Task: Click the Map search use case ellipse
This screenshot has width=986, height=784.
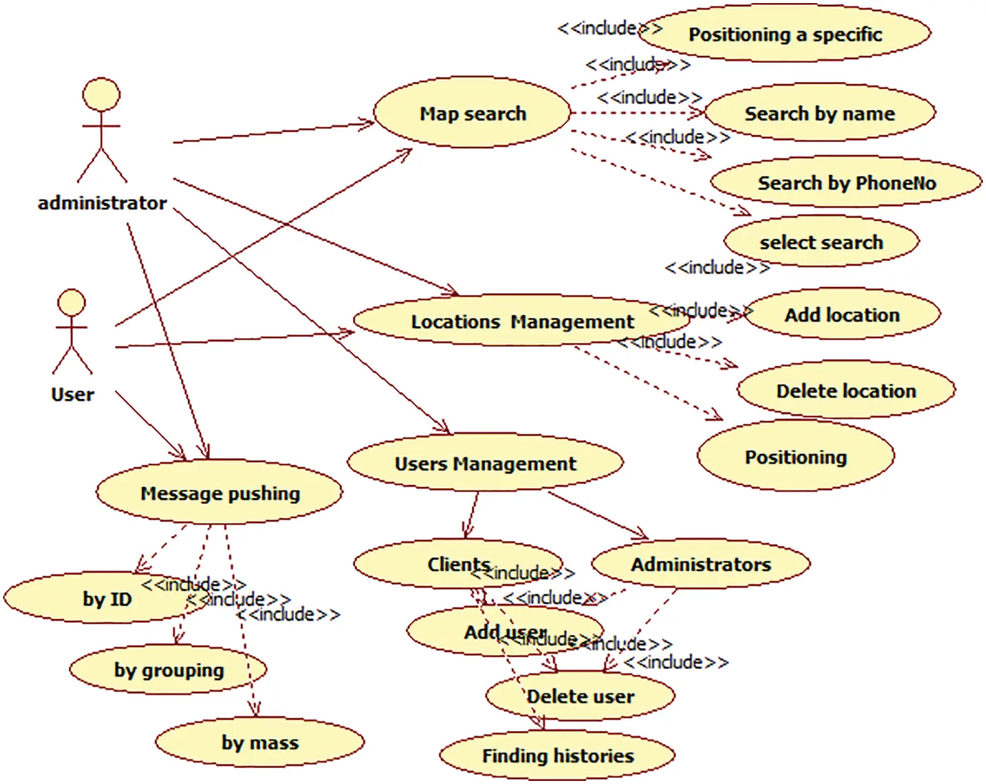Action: pos(472,113)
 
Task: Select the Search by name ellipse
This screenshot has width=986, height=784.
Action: pos(820,113)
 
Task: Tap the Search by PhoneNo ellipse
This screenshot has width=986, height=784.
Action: pos(846,182)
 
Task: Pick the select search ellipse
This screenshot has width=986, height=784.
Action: pos(821,241)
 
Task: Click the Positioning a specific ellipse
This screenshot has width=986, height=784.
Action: pos(785,34)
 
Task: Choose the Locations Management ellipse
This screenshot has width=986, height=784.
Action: pos(513,321)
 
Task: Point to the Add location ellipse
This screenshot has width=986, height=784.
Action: pos(842,315)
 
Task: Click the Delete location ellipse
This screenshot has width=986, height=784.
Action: pos(846,391)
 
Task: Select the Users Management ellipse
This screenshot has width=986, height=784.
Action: pos(485,463)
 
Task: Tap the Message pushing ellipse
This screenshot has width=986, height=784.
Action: pos(219,493)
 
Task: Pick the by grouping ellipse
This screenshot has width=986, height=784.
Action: pos(168,670)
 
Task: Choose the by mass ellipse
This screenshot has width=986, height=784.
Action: pos(259,742)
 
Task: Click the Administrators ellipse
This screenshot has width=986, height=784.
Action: pos(701,564)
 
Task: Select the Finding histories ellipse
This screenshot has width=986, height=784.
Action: pos(557,755)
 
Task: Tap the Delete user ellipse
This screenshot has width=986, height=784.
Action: pos(580,696)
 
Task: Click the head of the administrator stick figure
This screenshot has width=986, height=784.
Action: pos(101,95)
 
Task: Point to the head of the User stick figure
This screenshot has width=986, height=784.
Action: pos(71,303)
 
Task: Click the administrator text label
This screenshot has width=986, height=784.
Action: pos(102,203)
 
